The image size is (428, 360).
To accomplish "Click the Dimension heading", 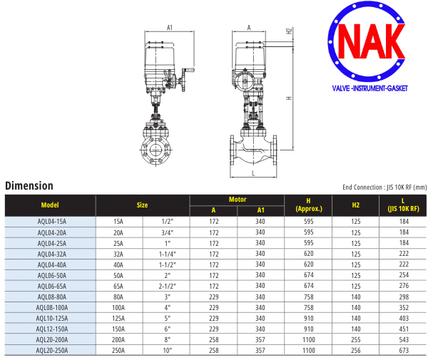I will tap(29, 186).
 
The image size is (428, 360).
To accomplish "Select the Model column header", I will tap(50, 205).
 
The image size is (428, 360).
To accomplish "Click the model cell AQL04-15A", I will tap(51, 221).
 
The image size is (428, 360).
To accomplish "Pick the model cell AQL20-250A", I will tap(51, 350).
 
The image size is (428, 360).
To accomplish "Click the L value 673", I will tap(404, 350).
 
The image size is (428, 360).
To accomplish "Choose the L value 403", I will tap(404, 318).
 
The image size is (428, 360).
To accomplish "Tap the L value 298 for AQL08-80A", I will tap(404, 297).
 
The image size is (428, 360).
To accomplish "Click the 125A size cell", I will tap(118, 318).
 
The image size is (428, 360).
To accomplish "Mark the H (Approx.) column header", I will tap(309, 205).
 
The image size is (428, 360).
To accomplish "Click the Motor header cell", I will tap(238, 200).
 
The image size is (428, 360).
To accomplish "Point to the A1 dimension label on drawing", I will tap(170, 27).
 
